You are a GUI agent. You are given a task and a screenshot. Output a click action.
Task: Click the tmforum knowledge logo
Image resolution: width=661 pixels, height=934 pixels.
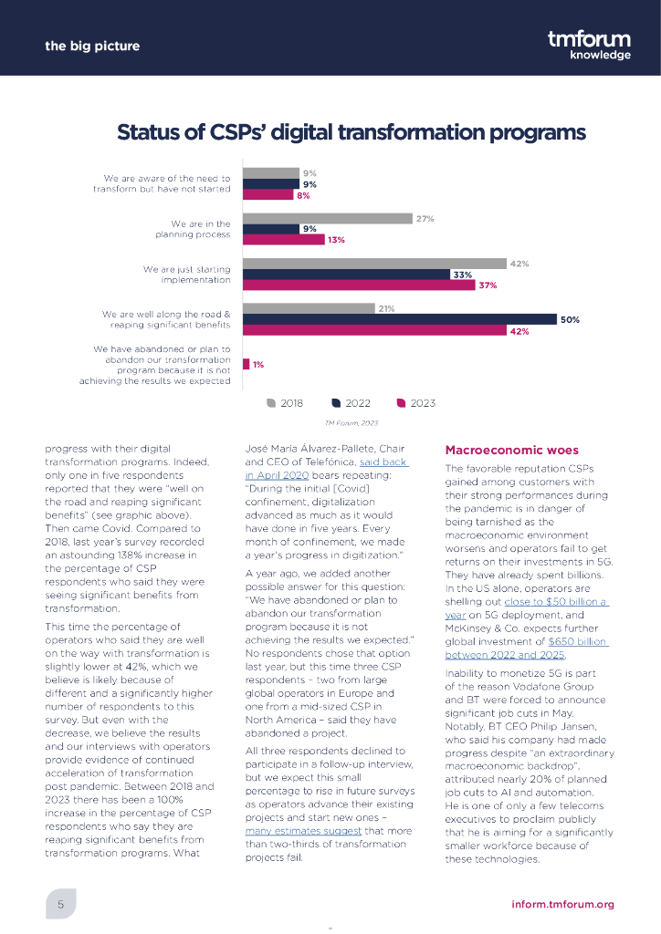tap(589, 44)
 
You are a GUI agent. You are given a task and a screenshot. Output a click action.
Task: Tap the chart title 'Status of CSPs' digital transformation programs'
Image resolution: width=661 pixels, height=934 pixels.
tap(351, 133)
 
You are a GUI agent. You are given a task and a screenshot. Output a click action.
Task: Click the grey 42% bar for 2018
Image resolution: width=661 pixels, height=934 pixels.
tap(375, 264)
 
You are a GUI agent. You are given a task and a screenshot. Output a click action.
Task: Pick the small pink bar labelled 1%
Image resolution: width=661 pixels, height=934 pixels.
tap(247, 364)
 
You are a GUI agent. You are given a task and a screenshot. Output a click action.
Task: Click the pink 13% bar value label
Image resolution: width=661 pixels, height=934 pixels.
tap(335, 241)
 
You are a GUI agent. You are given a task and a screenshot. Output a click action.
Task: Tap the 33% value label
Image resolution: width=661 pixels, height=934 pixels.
tap(462, 275)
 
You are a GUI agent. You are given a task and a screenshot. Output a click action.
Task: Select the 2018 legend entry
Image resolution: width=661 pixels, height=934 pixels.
tap(285, 402)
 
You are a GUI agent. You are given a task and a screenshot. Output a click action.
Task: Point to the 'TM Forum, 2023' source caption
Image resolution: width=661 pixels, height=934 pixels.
tap(351, 422)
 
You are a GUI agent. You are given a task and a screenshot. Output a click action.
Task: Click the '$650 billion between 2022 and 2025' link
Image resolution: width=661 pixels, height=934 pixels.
tap(526, 649)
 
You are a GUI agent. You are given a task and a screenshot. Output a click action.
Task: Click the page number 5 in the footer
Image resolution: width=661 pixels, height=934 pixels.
tap(60, 904)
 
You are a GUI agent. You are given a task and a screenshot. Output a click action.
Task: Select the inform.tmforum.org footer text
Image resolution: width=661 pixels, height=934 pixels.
tap(562, 904)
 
